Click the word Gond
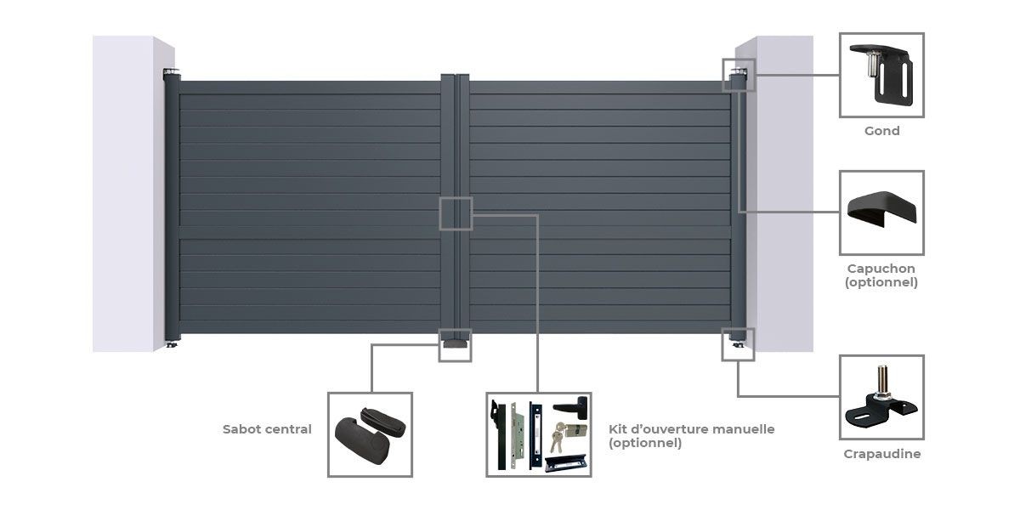pos(881,131)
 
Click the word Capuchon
pos(881,269)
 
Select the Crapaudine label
pos(881,454)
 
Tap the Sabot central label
pos(267,429)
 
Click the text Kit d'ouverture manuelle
pos(692,429)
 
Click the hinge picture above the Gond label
pos(881,75)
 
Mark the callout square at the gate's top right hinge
pos(737,75)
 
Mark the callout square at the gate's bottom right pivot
pos(737,343)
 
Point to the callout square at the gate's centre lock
pos(456,213)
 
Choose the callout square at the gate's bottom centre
pos(455,345)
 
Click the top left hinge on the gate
pos(173,75)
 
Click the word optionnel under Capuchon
pos(881,282)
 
